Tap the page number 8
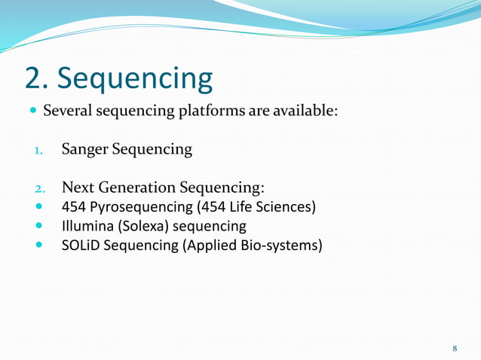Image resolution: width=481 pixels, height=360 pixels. pyautogui.click(x=455, y=348)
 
